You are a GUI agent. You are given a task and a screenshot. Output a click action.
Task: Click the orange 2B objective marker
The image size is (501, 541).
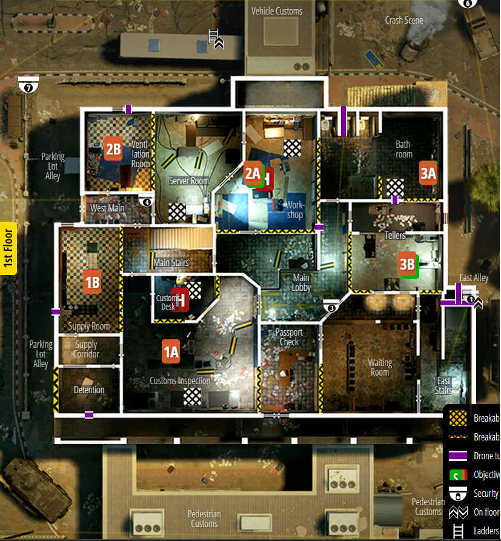pos(113,148)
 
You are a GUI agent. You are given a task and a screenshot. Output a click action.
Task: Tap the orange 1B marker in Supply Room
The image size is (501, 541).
pos(92,281)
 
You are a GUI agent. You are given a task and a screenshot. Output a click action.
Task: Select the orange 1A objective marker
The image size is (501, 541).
pos(171,351)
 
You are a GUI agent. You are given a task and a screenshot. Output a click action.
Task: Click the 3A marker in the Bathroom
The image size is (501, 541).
pos(428,174)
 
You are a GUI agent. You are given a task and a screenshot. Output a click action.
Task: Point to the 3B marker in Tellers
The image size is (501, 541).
pos(407,264)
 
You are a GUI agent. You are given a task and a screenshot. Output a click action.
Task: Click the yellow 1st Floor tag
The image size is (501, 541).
pos(8,248)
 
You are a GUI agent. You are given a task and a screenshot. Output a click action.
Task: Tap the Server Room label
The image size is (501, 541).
pos(189,181)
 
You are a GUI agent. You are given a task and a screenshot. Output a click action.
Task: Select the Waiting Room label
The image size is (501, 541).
pos(380,367)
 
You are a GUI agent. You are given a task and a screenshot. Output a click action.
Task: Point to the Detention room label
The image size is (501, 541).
pos(89,390)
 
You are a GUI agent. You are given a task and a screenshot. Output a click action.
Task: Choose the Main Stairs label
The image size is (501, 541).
pos(171,263)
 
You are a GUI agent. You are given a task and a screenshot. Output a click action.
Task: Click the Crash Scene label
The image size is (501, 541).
pos(404,20)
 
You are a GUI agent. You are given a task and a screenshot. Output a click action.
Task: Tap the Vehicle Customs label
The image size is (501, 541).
pos(277,11)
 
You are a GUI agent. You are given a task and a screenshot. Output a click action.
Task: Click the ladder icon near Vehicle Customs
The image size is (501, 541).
pos(213,36)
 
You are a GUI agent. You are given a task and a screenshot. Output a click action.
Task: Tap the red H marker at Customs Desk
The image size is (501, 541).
pos(180,299)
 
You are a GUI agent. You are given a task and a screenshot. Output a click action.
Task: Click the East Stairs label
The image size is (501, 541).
pos(444,385)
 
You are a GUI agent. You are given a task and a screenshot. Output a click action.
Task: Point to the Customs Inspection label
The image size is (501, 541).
pos(180,381)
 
